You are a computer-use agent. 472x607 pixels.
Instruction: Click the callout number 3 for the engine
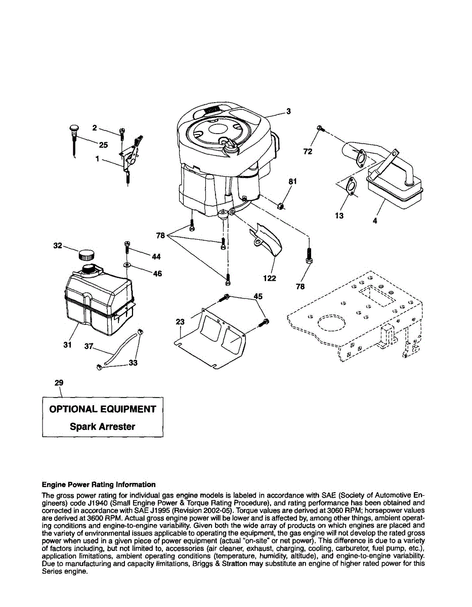click(x=288, y=112)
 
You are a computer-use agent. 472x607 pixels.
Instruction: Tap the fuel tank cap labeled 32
click(x=88, y=254)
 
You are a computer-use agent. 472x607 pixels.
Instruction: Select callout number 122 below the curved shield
click(x=269, y=278)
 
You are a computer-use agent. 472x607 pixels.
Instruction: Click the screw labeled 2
click(x=121, y=133)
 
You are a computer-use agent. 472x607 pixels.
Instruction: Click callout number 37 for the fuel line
click(x=89, y=346)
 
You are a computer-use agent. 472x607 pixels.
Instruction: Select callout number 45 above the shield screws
click(x=258, y=297)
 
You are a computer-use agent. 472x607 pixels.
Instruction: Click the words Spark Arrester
click(x=102, y=426)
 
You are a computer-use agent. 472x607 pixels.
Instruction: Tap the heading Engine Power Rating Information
click(x=99, y=484)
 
